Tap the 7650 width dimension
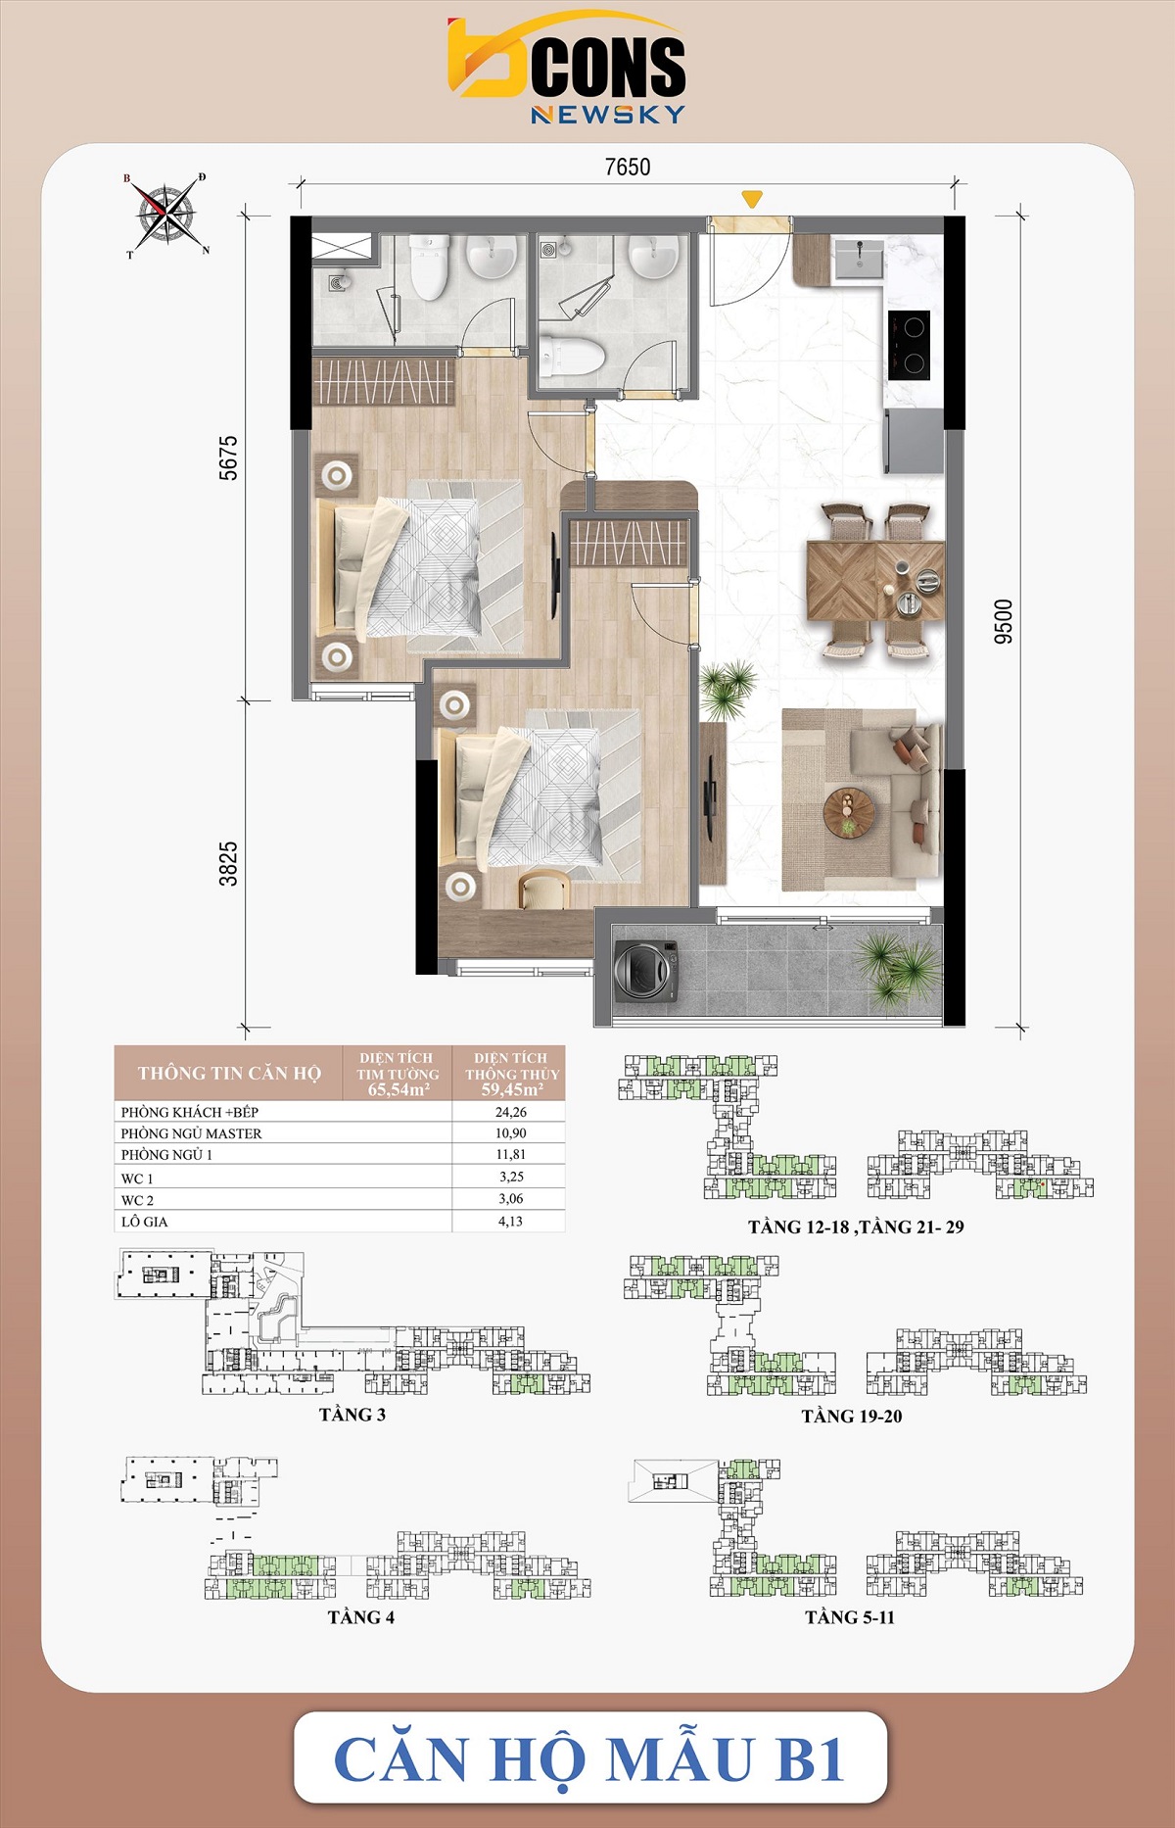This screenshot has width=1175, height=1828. click(x=627, y=168)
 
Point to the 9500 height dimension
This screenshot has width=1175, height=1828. click(x=1003, y=621)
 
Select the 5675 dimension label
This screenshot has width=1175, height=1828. click(x=228, y=457)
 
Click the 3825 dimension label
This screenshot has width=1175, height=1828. click(x=228, y=863)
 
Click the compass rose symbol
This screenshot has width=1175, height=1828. click(x=165, y=215)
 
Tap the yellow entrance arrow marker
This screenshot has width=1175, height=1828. click(x=751, y=200)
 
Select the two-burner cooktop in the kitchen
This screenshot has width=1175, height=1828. click(x=910, y=345)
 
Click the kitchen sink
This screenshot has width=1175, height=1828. click(x=858, y=259)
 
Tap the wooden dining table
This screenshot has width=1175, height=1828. click(x=874, y=580)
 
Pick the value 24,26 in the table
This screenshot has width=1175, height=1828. click(x=510, y=1112)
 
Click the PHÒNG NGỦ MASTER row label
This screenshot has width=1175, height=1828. click(x=191, y=1133)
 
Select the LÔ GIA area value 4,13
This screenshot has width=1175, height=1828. click(x=510, y=1222)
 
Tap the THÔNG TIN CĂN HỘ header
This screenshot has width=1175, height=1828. click(x=229, y=1073)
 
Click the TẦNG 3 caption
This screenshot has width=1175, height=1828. click(x=352, y=1415)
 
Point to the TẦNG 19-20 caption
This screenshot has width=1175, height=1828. click(x=851, y=1417)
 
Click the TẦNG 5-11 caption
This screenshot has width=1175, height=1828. click(x=849, y=1617)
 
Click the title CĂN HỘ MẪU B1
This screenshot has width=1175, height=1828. click(x=589, y=1759)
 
